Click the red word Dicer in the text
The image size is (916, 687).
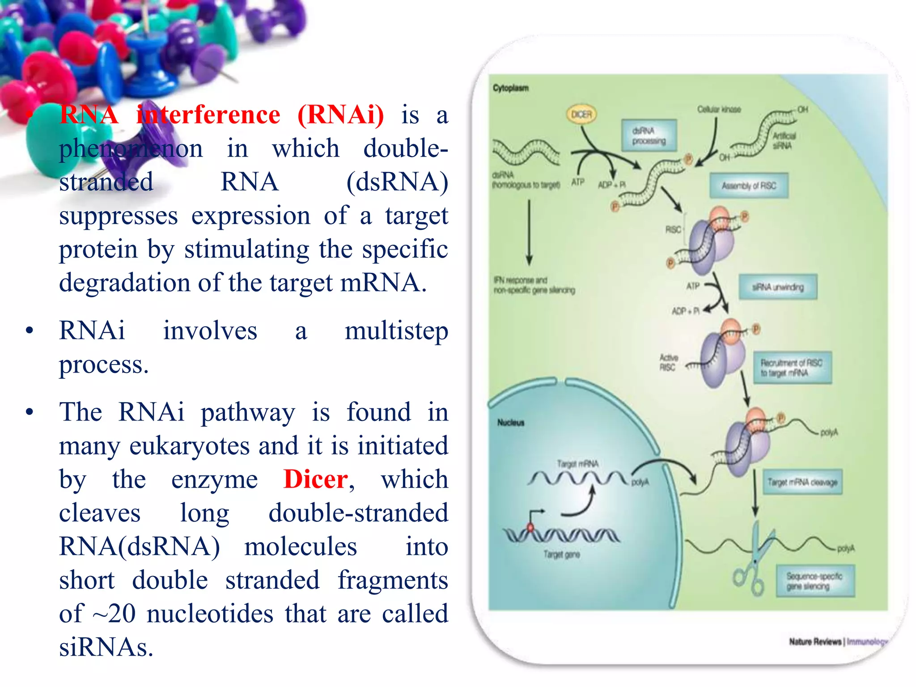pos(316,479)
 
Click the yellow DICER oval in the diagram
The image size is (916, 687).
pos(581,114)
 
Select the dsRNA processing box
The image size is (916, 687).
pos(649,136)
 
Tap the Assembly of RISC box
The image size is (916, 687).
pos(749,186)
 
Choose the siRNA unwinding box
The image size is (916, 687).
pos(778,287)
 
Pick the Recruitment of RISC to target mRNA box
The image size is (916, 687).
pos(792,368)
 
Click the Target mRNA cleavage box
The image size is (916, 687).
pos(802,482)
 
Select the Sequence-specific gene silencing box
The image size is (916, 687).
pos(814,581)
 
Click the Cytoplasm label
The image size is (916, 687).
pos(510,88)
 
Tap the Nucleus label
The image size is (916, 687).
pos(510,423)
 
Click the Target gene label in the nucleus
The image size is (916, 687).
pos(561,555)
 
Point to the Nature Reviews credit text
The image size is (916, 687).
pos(815,642)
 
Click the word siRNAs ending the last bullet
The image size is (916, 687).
pos(106,647)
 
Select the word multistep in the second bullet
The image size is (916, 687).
pos(396,331)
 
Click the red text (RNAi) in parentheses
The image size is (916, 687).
pos(340,115)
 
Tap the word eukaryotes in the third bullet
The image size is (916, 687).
pos(190,446)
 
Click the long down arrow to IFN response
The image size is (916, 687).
pos(529,233)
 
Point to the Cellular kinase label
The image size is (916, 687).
pos(719,110)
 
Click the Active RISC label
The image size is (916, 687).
pos(668,362)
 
